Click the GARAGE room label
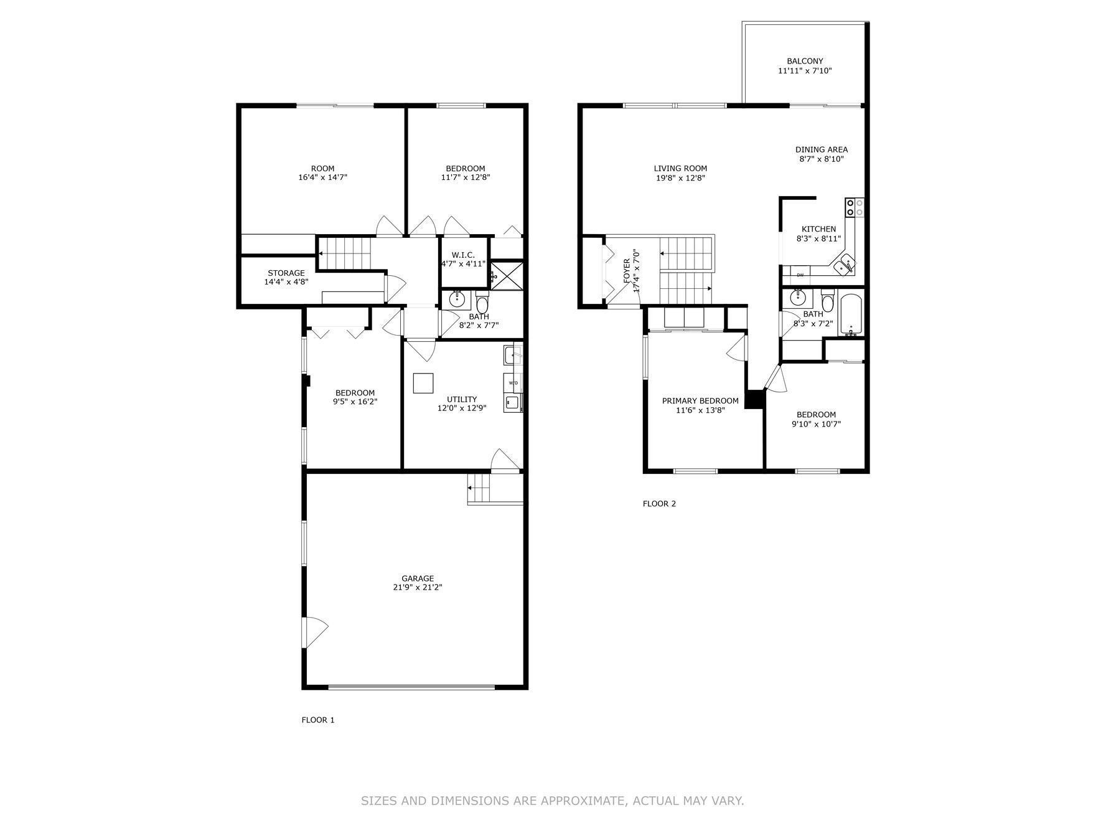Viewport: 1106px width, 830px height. coord(418,578)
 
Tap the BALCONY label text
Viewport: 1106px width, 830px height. coord(805,61)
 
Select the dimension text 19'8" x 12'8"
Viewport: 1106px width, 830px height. coord(680,178)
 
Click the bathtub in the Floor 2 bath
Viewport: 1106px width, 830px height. coord(850,315)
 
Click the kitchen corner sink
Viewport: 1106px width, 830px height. coord(845,264)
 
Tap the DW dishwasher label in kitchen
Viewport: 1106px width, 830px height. coord(800,275)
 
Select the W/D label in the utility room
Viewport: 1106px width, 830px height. coord(513,382)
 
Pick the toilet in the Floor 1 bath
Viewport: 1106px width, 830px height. coord(482,304)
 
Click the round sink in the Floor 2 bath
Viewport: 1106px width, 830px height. coord(798,298)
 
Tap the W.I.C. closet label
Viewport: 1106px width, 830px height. coord(463,255)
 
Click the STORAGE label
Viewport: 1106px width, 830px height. coord(286,273)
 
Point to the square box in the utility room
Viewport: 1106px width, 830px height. coord(424,383)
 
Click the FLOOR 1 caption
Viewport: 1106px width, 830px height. coord(318,720)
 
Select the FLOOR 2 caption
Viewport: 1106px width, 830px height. coord(659,504)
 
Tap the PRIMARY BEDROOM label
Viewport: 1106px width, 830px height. coord(700,401)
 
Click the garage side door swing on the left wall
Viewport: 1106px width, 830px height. coord(313,633)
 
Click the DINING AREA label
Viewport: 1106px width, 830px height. coord(822,149)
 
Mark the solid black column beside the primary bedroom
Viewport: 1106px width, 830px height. coord(754,399)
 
